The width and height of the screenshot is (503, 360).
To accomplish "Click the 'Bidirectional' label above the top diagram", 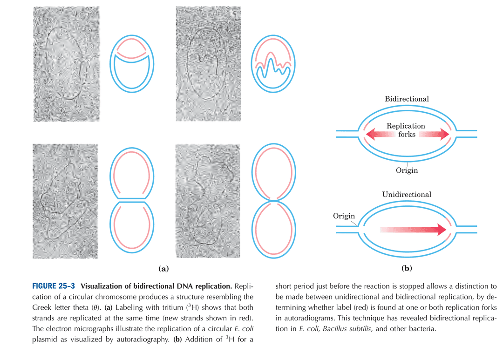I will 407,99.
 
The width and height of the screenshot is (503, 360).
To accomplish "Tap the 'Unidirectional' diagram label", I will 407,194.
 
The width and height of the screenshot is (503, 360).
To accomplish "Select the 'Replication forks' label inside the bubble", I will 406,130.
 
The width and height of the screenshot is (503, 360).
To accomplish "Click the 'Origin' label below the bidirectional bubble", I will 407,170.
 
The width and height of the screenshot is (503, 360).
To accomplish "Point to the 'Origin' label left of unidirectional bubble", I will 344,216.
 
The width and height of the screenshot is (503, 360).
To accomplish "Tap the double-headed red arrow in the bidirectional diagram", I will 407,135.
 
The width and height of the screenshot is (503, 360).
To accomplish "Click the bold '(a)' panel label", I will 163,269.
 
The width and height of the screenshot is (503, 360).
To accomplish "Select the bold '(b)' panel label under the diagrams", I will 407,269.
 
